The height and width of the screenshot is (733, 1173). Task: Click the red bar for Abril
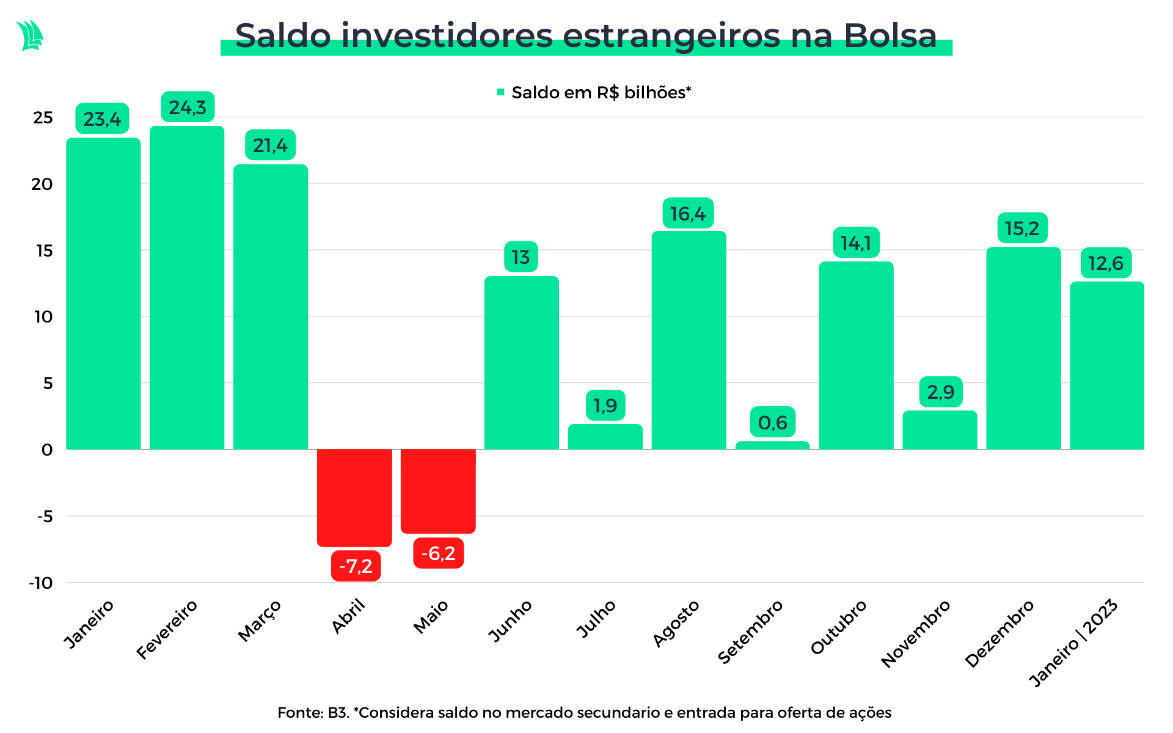[354, 497]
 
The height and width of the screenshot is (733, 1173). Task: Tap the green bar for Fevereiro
[187, 287]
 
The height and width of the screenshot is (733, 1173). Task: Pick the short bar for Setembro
[772, 445]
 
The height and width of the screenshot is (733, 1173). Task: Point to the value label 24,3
[188, 108]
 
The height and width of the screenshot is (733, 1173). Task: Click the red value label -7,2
[356, 566]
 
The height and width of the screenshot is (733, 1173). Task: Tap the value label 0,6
[773, 422]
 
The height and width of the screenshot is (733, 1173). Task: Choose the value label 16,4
[688, 214]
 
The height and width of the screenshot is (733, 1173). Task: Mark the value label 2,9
[941, 392]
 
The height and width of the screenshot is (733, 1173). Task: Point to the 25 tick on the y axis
[43, 117]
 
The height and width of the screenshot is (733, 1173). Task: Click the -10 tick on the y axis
[41, 583]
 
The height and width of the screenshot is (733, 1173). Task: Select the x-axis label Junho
[511, 620]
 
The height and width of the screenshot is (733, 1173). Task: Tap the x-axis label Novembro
[916, 633]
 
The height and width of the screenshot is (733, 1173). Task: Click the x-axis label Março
[260, 620]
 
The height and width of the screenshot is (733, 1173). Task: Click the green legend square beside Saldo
[501, 92]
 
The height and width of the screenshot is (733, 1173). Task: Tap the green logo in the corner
[30, 35]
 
